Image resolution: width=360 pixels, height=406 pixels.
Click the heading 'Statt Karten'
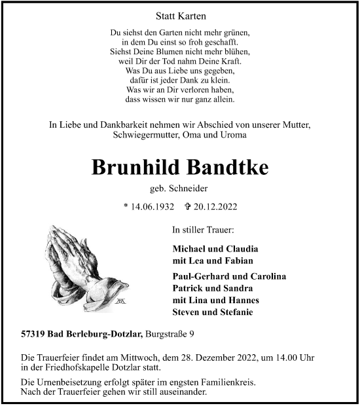179,15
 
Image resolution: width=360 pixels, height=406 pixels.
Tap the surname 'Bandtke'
226,167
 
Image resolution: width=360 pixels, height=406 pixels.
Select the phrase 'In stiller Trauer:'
203,231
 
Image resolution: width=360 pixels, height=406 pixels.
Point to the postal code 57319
34,335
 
